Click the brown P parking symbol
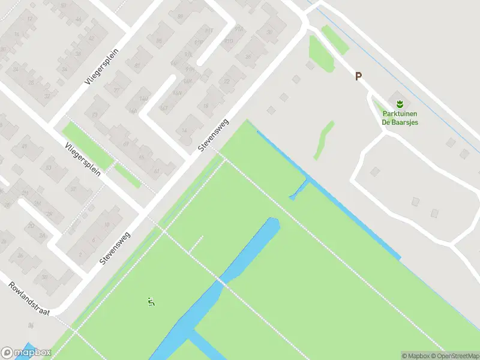pos(358,76)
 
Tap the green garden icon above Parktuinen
pos(400,103)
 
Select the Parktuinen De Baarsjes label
pos(400,118)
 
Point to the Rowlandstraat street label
pos(29,298)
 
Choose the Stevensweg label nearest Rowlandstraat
pos(116,249)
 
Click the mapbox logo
pos(26,353)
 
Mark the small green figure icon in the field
pos(151,301)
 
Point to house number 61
pos(156,171)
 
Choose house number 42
pos(91,38)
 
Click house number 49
pos(25,146)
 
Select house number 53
pos(49,167)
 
